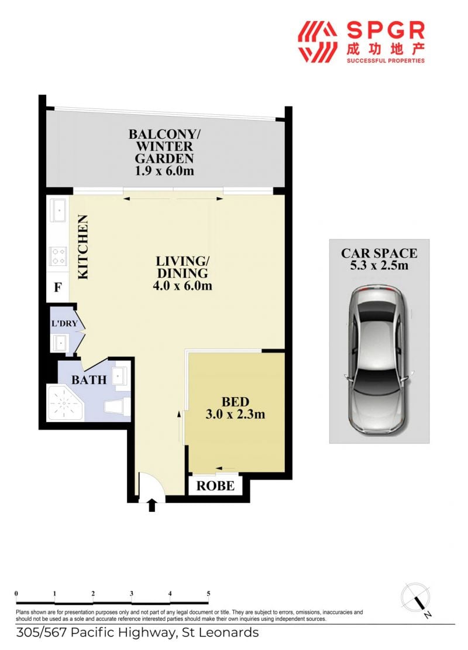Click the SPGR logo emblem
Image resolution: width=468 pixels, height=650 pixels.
(318, 42)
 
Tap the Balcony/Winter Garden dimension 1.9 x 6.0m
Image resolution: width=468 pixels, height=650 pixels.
(164, 170)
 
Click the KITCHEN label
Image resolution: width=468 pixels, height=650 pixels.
(83, 247)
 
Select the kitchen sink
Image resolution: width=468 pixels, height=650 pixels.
(58, 211)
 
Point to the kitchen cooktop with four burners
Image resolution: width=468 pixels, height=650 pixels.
(58, 256)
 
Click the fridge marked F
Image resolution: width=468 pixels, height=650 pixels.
(57, 287)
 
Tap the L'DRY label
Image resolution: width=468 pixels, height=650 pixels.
(64, 323)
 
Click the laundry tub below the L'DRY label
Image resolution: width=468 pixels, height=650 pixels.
(60, 343)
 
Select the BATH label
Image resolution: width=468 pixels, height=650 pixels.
(89, 379)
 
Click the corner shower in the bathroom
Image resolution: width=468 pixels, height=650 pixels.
(65, 402)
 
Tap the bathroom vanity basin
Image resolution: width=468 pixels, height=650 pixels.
(122, 375)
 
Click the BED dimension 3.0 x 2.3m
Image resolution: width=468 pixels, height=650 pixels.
(235, 414)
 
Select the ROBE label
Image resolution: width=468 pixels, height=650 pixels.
(215, 486)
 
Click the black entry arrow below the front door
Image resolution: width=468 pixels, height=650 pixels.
(152, 505)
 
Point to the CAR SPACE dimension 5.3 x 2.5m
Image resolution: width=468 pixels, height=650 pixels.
(379, 265)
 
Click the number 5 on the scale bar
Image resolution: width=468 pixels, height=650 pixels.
(208, 594)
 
